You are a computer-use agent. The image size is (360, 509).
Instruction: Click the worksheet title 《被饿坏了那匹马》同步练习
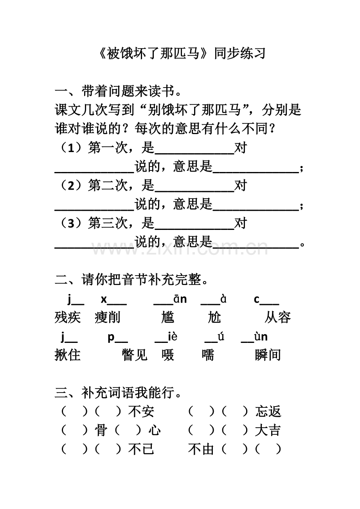point(181,54)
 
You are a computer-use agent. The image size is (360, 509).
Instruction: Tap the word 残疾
point(68,317)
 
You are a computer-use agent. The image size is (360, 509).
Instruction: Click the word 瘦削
point(107,317)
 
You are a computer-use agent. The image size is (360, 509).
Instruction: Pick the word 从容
point(277,317)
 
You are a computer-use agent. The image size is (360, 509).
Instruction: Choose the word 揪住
point(68,355)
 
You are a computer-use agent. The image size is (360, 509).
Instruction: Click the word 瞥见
point(135,355)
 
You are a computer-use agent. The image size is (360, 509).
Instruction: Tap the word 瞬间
point(268,355)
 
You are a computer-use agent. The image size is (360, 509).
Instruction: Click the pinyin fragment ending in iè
point(166,337)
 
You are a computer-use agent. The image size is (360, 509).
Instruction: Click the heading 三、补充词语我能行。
point(118,393)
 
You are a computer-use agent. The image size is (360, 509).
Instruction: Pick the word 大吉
point(268,430)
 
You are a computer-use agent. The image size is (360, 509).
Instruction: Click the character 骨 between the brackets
point(101,430)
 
